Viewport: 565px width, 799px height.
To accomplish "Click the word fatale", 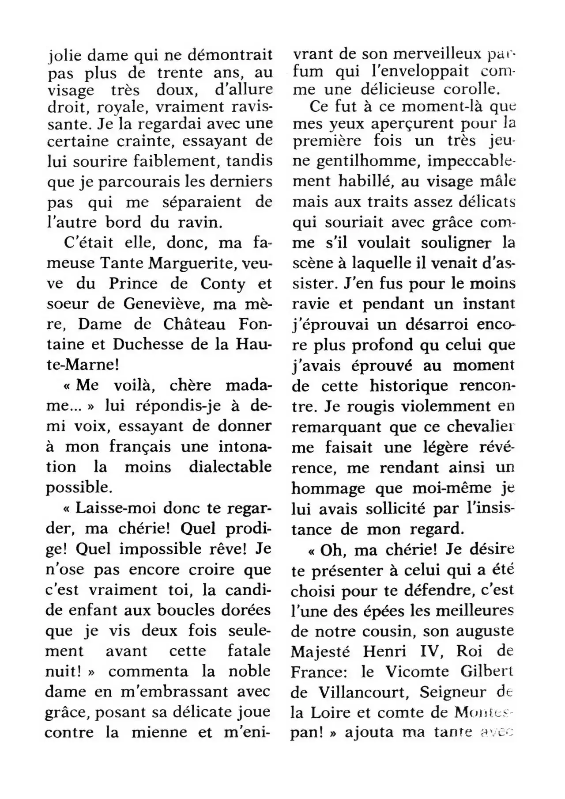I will pos(249,651).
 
